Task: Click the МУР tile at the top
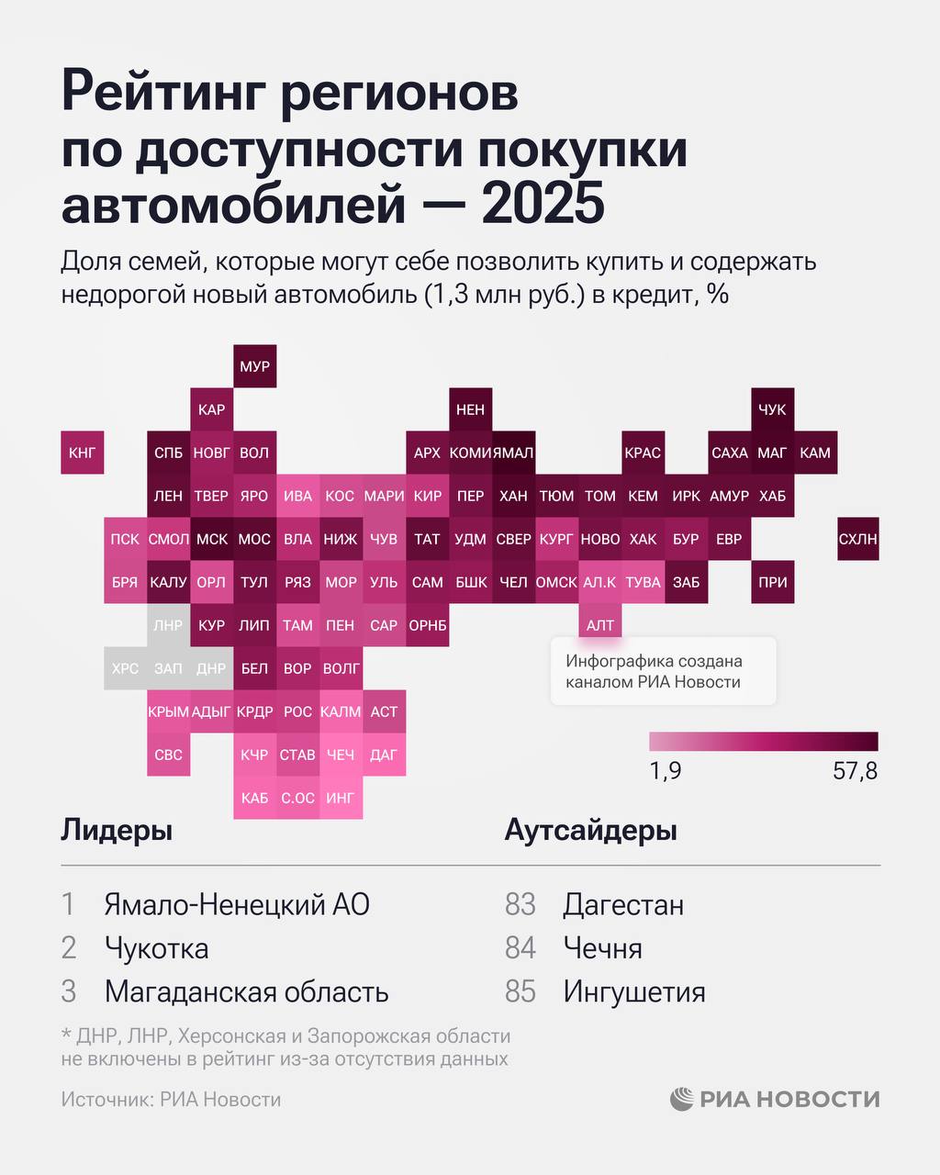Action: click(254, 366)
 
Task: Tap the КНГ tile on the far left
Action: click(83, 453)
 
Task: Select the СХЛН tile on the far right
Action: click(858, 539)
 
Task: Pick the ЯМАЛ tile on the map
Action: click(513, 453)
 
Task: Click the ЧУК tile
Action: click(772, 409)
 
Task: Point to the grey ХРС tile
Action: click(125, 668)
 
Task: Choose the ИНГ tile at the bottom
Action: click(341, 798)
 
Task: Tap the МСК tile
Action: click(212, 539)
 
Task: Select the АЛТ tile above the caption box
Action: click(600, 625)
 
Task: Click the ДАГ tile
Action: click(384, 755)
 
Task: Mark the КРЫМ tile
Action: click(168, 711)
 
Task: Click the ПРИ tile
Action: click(772, 582)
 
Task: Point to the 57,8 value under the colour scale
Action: click(855, 771)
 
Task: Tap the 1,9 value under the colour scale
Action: click(666, 771)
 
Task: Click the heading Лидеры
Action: click(117, 831)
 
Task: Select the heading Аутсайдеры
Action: click(591, 831)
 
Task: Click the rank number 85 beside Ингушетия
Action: click(520, 992)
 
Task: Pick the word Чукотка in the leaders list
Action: click(157, 948)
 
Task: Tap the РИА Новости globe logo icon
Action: click(682, 1099)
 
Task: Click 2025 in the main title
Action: click(543, 204)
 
